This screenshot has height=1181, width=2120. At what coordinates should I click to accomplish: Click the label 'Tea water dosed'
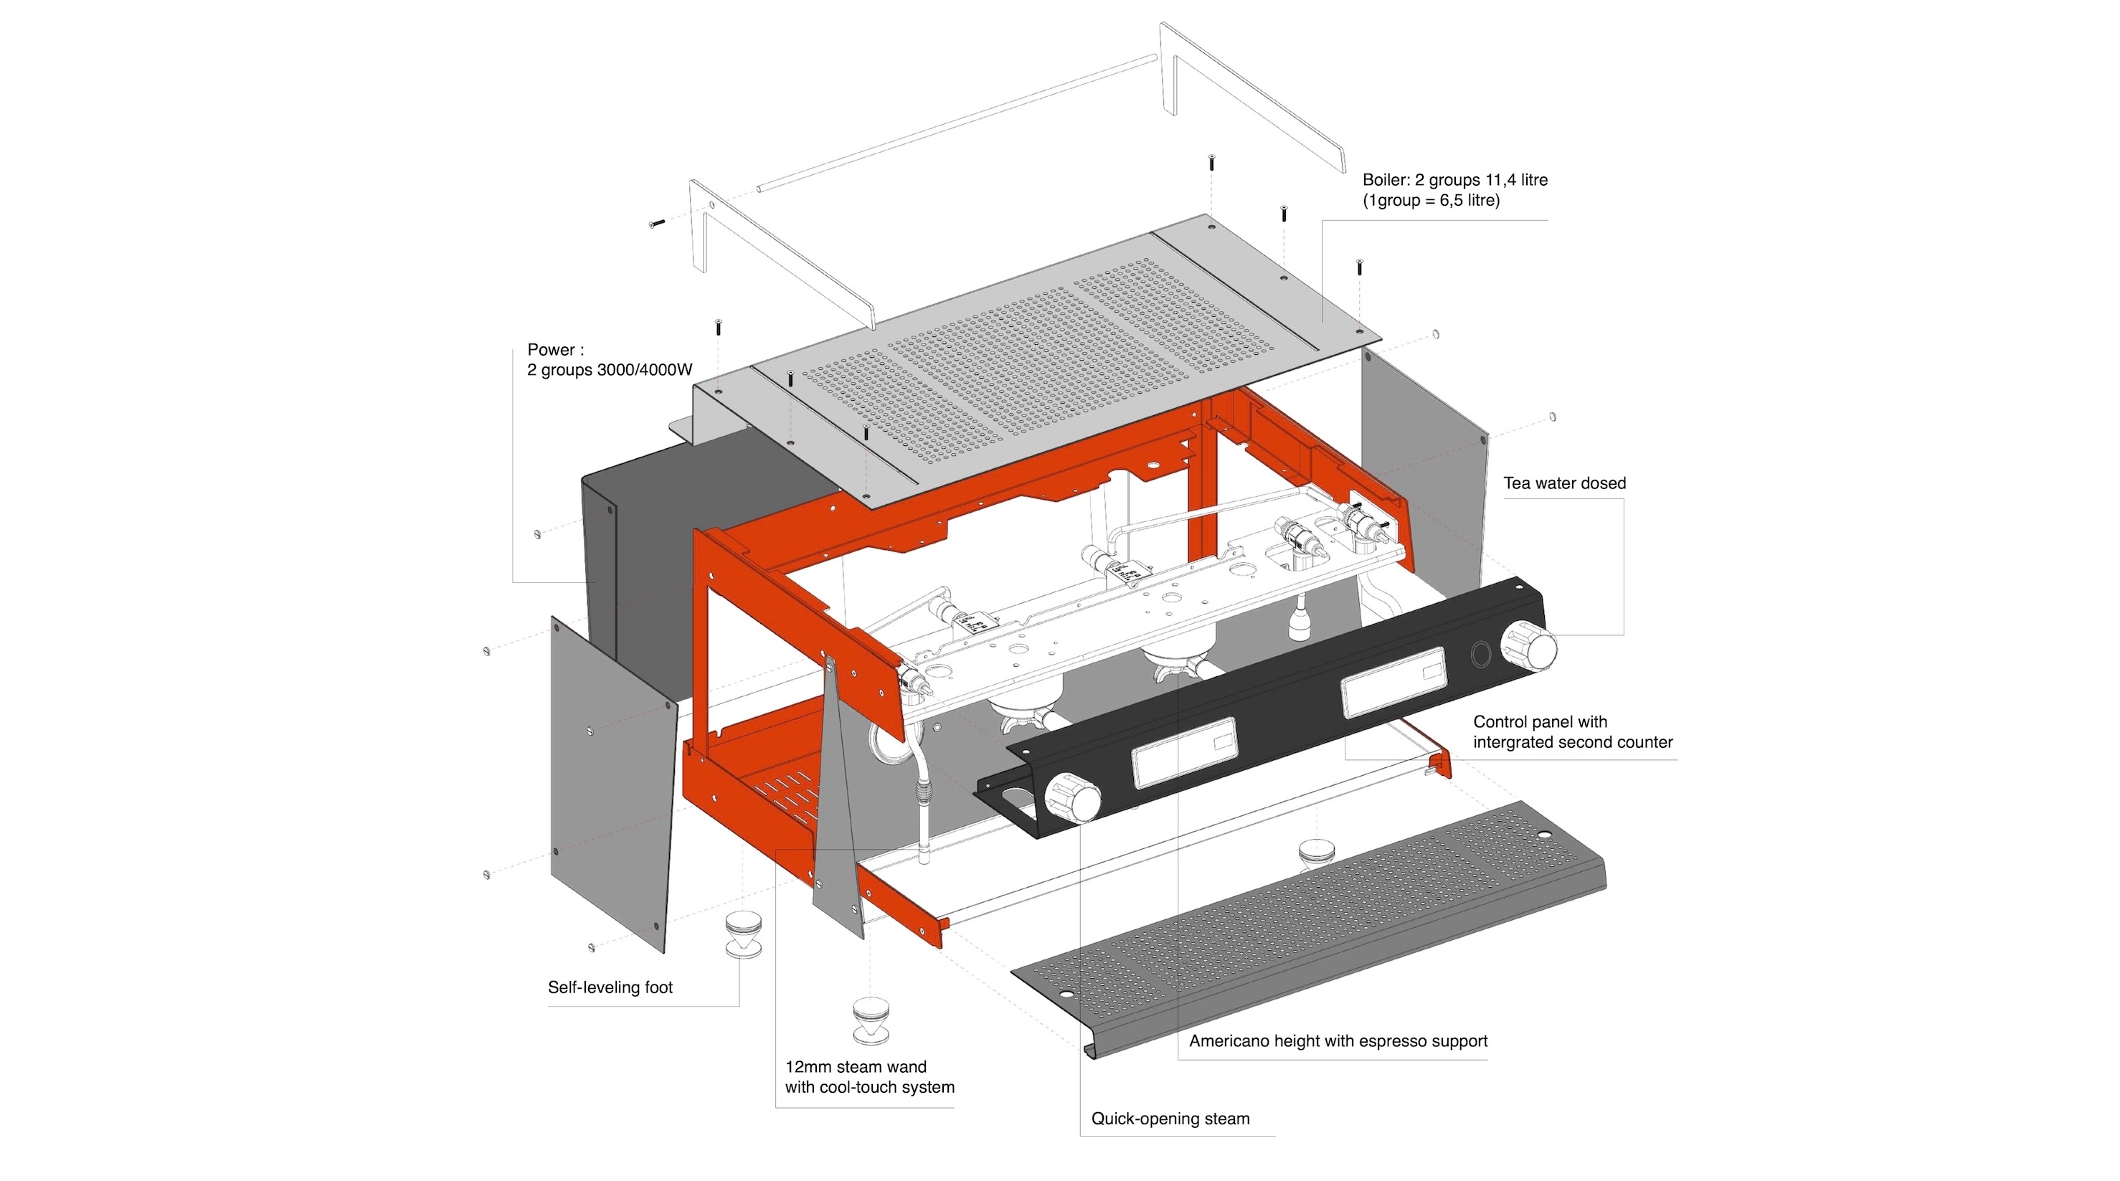(1563, 483)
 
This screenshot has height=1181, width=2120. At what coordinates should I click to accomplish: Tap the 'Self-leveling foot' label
(610, 987)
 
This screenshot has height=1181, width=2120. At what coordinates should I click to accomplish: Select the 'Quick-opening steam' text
(1170, 1119)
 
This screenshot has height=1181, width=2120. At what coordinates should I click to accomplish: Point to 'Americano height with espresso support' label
(1338, 1040)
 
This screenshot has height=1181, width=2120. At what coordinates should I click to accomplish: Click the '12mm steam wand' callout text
(855, 1066)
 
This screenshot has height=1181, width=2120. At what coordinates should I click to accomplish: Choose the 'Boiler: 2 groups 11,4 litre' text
(1454, 179)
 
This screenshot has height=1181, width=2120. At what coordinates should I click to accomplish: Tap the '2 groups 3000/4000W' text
(609, 369)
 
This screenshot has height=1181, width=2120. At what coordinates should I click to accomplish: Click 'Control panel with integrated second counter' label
(1572, 731)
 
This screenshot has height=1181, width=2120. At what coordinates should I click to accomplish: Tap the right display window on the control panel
(1393, 681)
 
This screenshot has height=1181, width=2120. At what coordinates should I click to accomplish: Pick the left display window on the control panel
(1184, 751)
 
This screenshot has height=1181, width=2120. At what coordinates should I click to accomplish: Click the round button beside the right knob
(1480, 654)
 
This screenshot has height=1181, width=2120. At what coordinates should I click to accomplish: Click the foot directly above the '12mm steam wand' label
(870, 1019)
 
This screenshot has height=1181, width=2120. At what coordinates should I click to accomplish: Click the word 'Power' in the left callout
(551, 350)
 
